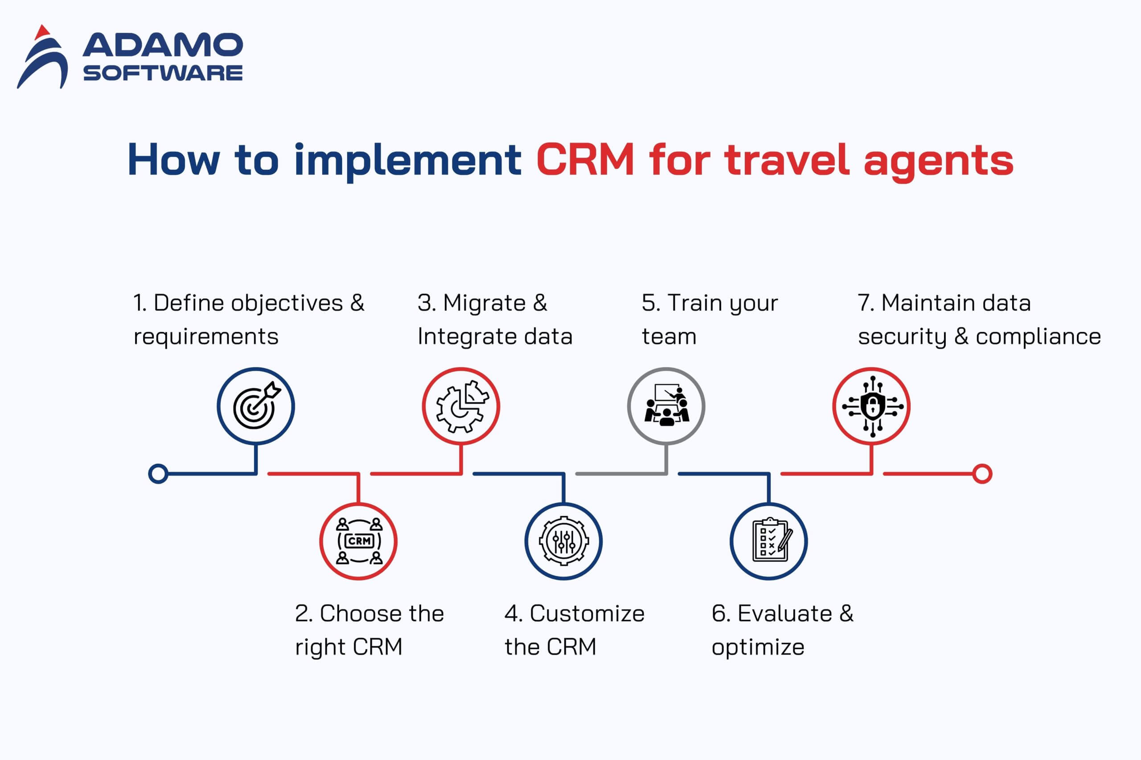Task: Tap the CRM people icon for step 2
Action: coord(359,541)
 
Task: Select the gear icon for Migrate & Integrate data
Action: coord(462,406)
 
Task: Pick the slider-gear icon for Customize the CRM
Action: coord(564,541)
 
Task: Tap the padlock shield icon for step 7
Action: coord(872,406)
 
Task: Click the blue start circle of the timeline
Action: coord(158,474)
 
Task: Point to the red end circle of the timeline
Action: coord(982,474)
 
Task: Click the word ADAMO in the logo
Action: coord(163,45)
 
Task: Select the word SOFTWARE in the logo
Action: coord(163,73)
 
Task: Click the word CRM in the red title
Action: coord(585,159)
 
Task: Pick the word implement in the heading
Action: coord(408,162)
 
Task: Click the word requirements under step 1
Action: coord(206,336)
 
